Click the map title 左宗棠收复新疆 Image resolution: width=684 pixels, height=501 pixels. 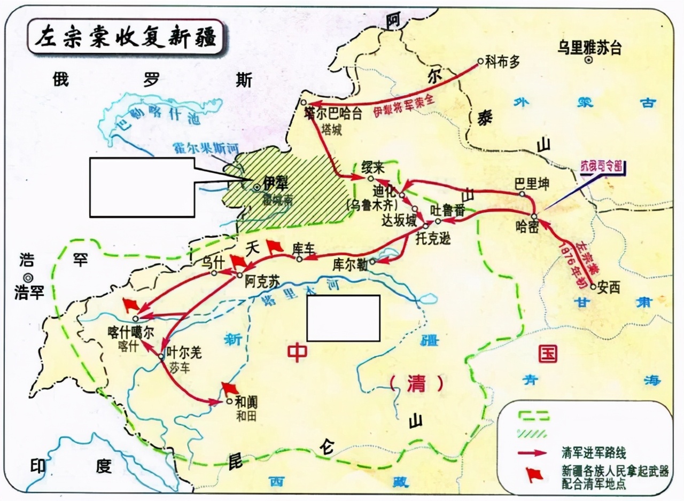[x=125, y=37]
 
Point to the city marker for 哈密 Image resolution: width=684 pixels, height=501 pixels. [x=534, y=216]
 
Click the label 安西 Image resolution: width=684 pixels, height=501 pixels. [x=609, y=287]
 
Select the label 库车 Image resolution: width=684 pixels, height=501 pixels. [x=305, y=248]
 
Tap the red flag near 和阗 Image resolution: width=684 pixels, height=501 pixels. [x=230, y=388]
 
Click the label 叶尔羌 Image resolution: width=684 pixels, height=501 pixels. [x=184, y=353]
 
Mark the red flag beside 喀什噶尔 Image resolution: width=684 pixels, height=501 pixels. [x=130, y=304]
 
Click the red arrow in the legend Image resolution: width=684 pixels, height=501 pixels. [x=532, y=452]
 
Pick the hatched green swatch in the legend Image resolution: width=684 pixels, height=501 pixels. [x=531, y=433]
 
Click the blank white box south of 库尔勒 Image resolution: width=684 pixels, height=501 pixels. [x=343, y=318]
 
